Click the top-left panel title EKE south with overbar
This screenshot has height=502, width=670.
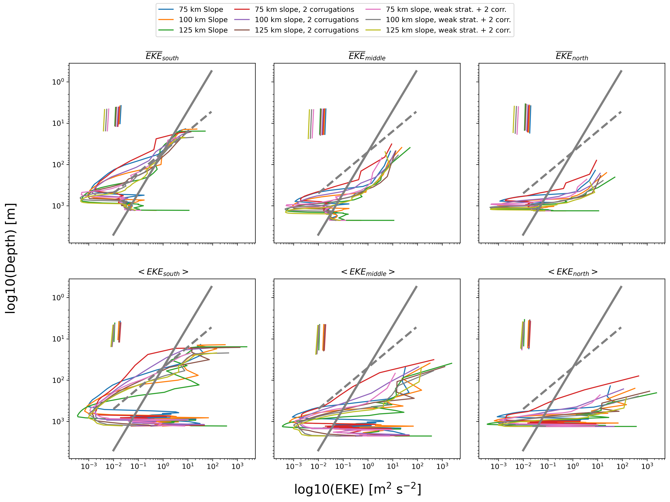point(162,56)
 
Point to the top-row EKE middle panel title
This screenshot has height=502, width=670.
point(367,56)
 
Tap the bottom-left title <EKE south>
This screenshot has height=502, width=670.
point(163,272)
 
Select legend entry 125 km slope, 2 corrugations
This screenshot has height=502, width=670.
point(307,30)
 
